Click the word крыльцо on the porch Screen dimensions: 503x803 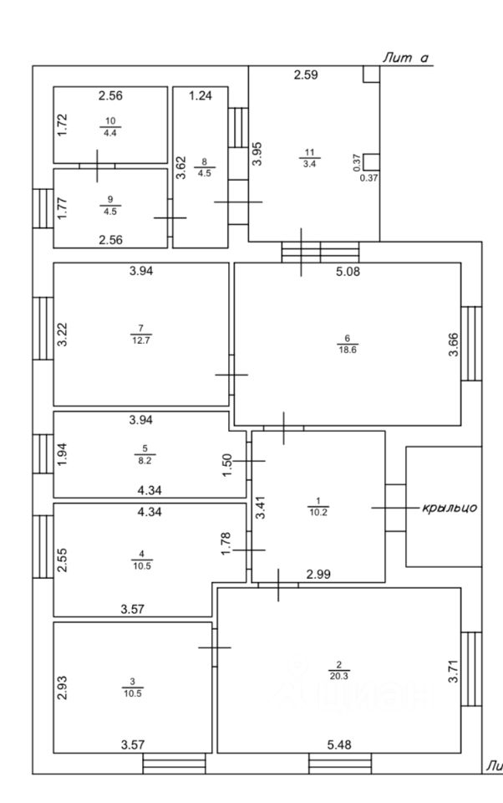(x=450, y=508)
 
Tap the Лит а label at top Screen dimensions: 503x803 (x=405, y=58)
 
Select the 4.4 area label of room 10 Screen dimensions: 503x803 (x=110, y=132)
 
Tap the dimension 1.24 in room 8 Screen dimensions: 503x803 (x=201, y=96)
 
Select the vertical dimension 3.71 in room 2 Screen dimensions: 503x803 (x=453, y=671)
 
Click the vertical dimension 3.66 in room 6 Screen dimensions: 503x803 (x=453, y=344)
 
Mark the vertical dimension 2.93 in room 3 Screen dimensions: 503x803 (x=62, y=686)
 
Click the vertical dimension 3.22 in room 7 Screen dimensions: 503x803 (x=62, y=335)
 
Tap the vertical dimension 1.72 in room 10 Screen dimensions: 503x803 (x=62, y=124)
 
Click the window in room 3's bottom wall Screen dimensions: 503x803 (x=174, y=763)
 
